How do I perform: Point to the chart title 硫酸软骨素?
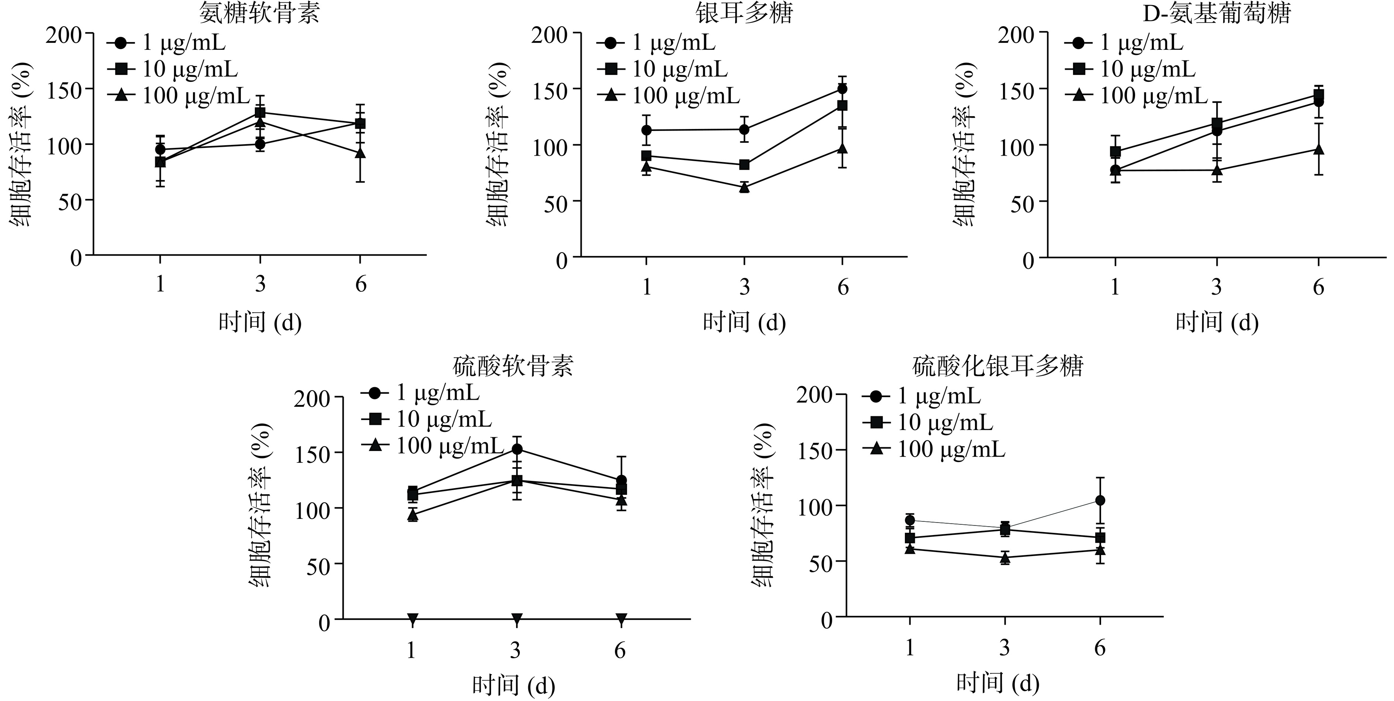(x=512, y=366)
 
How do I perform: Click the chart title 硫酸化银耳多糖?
(x=997, y=366)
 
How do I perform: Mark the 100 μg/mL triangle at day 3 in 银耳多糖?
(x=744, y=187)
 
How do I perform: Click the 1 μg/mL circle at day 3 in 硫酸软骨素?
(x=517, y=449)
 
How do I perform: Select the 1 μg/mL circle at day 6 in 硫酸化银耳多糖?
(x=1100, y=500)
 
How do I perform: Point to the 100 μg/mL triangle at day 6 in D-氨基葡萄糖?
(x=1318, y=149)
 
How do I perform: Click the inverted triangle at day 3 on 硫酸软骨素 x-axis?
(x=517, y=618)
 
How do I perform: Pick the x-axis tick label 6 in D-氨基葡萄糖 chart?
(x=1318, y=287)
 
